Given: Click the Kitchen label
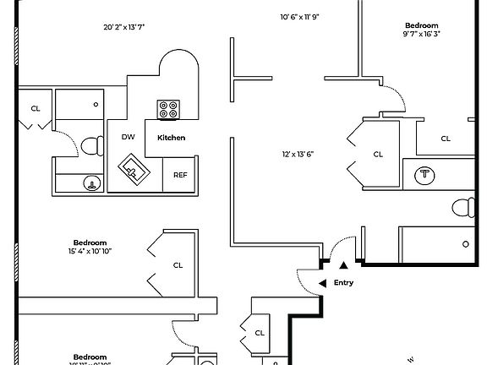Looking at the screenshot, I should pos(171,137).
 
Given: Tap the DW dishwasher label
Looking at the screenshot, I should pos(129,137).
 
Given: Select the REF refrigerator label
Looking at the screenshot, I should pos(180,175).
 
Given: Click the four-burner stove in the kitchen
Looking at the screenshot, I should pos(168,109).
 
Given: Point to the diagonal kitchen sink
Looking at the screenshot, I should pos(131,169).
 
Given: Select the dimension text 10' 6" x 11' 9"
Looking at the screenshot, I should pos(300,17).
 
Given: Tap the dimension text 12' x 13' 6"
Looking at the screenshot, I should pos(298,154).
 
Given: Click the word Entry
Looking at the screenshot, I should pos(343,283).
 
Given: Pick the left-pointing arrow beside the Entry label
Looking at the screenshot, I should pos(321,283).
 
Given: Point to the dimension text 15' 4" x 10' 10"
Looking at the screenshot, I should pos(90,251).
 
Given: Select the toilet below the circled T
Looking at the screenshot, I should pos(462,206).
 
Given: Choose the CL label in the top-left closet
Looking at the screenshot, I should pos(36,108).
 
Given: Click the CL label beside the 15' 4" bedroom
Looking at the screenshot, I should pos(178,264).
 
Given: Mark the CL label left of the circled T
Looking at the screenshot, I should pos(378,154).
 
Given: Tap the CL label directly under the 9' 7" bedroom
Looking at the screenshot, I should pos(446,139).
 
